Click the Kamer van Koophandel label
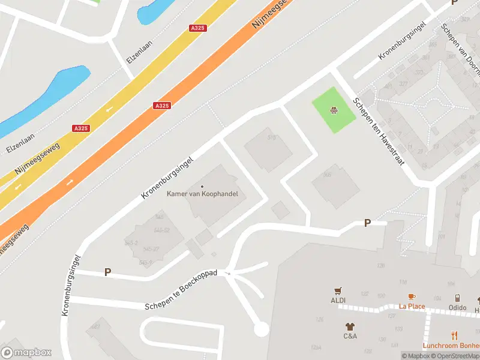click(202, 194)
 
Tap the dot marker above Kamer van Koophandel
click(202, 187)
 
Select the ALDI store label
click(338, 300)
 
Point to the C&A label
click(350, 336)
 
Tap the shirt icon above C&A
click(350, 326)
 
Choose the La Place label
click(412, 306)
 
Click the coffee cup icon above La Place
click(412, 297)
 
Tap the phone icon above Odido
click(457, 298)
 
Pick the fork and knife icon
click(455, 335)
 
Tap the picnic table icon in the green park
click(333, 110)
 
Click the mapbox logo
click(26, 352)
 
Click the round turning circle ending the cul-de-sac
click(261, 329)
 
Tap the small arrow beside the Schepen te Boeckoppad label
click(227, 274)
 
